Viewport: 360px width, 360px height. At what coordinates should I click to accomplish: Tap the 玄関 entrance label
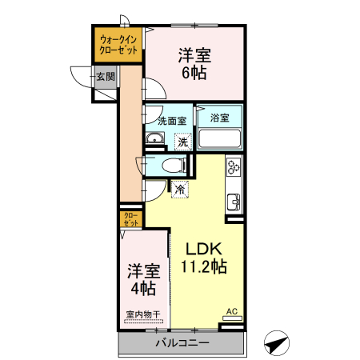105,77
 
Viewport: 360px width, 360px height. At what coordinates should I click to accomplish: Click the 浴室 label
219,118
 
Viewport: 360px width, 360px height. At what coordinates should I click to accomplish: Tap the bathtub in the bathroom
219,139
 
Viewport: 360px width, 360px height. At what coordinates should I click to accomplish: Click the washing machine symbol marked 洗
184,142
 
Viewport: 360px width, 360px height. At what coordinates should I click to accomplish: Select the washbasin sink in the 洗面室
154,142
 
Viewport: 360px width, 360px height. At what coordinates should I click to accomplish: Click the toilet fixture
170,166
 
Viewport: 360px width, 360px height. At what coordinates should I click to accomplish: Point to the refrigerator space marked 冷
179,190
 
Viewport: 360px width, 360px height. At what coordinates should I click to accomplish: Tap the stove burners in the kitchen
234,167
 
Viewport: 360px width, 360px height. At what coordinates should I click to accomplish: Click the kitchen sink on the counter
234,201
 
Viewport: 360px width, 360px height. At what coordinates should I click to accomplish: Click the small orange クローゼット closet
130,218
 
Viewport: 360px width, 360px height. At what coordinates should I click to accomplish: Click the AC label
231,311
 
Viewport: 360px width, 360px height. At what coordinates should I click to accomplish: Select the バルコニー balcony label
182,344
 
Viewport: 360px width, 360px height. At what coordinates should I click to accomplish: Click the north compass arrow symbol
276,343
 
